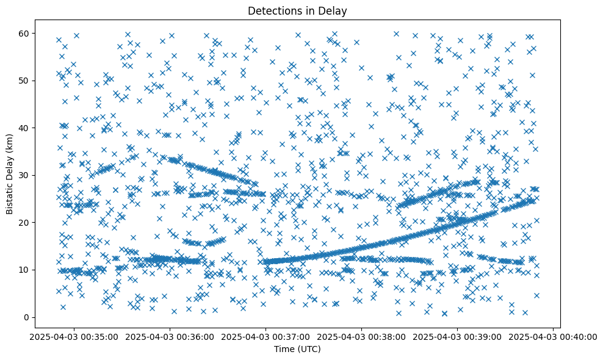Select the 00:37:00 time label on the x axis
tap(265, 336)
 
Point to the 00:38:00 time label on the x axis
tap(361, 336)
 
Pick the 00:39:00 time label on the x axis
tap(457, 336)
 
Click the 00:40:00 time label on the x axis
tap(553, 336)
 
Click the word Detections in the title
tap(271, 10)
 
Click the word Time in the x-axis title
tap(283, 349)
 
